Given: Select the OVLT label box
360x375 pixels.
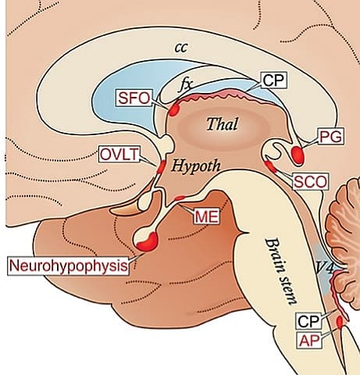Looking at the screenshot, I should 119,154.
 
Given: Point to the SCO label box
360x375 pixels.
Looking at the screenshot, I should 310,181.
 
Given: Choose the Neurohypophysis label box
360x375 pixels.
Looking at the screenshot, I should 68,266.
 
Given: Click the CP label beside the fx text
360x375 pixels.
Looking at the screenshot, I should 272,80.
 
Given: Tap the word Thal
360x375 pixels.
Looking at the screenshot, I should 221,123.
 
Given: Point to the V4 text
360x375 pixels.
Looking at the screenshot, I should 324,267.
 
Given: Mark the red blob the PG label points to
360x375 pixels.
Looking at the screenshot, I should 299,152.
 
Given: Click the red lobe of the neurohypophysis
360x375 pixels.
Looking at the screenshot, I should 145,245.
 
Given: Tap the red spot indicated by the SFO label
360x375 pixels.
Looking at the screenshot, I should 164,102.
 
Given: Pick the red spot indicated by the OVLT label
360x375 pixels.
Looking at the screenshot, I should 161,166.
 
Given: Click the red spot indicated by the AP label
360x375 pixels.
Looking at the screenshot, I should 340,321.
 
